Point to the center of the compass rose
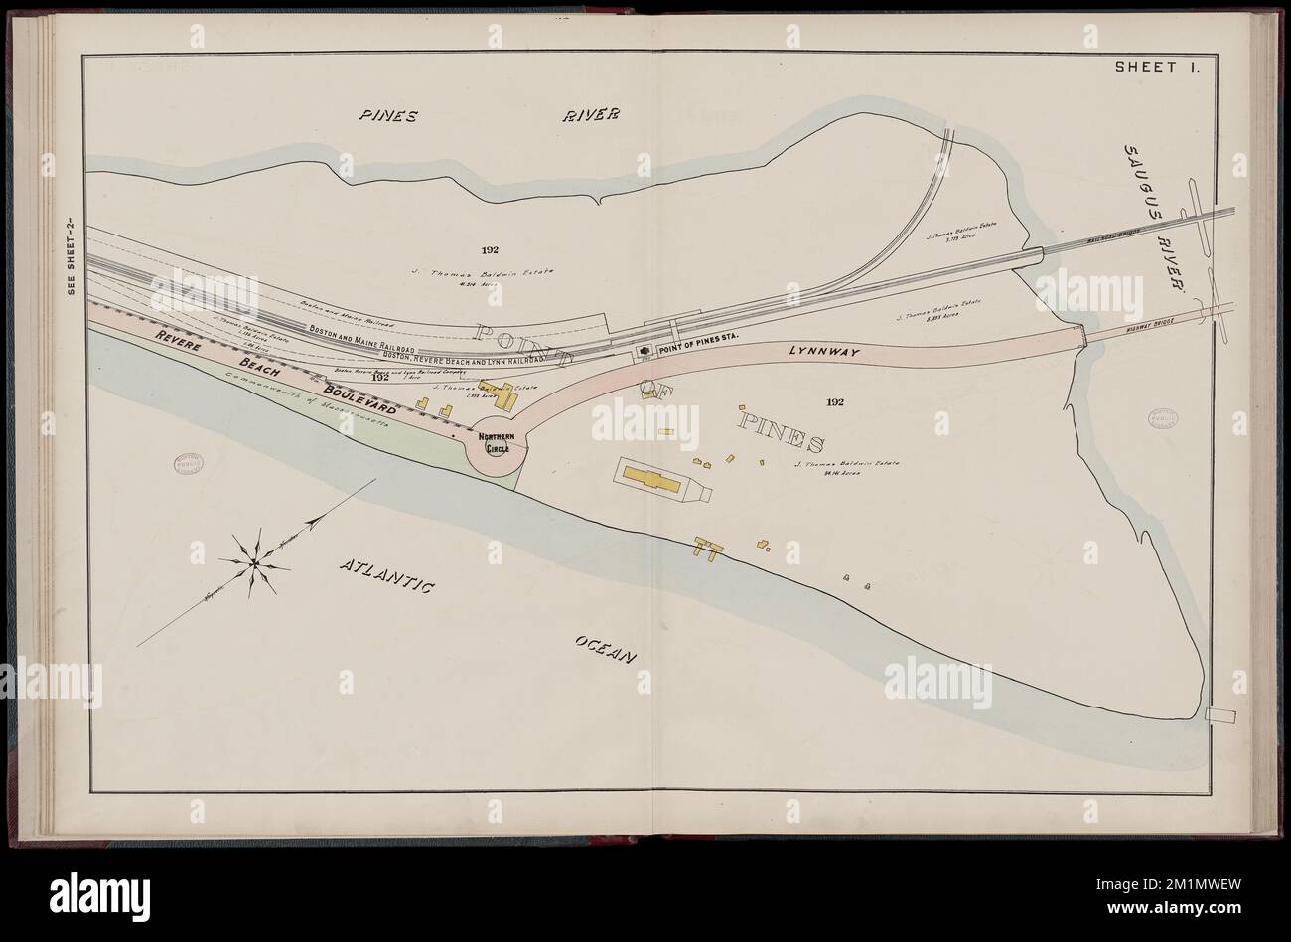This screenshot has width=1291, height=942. click(254, 564)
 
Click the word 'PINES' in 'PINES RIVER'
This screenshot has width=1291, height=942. click(388, 115)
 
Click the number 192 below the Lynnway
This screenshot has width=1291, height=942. click(834, 401)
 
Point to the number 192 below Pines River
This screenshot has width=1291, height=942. click(487, 249)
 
